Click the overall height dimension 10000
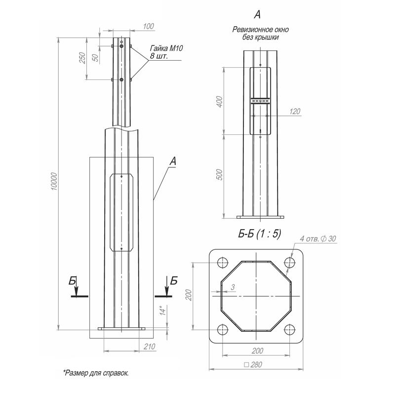[x=54, y=182]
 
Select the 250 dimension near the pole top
[x=83, y=57]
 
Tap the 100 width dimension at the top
[x=148, y=26]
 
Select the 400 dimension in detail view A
[x=220, y=102]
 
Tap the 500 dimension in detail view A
[x=220, y=175]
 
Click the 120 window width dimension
[x=295, y=112]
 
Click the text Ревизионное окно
[x=260, y=30]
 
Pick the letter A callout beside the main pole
[x=172, y=160]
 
